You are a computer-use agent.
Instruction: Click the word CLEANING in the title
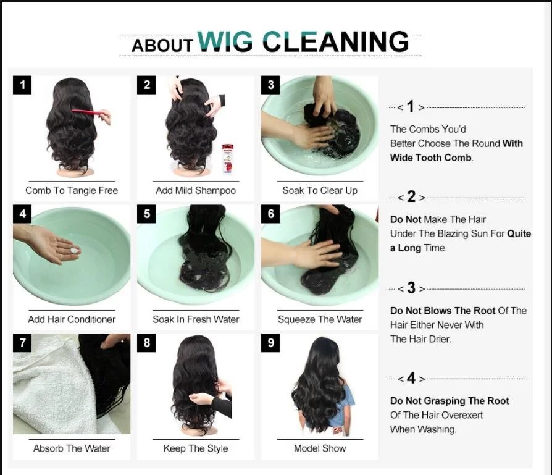335,42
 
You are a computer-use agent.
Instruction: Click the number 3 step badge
270,85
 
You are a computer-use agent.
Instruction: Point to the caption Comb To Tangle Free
72,190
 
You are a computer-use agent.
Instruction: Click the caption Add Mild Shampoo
196,190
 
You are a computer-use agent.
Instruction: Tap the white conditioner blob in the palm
74,250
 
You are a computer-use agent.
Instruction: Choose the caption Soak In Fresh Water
196,319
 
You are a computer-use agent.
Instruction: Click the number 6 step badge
270,214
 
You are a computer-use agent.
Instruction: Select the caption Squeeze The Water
320,319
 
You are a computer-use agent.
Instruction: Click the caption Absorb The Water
72,448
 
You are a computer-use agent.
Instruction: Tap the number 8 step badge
146,343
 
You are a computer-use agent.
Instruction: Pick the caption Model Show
320,448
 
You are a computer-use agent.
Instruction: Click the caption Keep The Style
196,448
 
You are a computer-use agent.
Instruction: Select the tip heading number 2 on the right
411,198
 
